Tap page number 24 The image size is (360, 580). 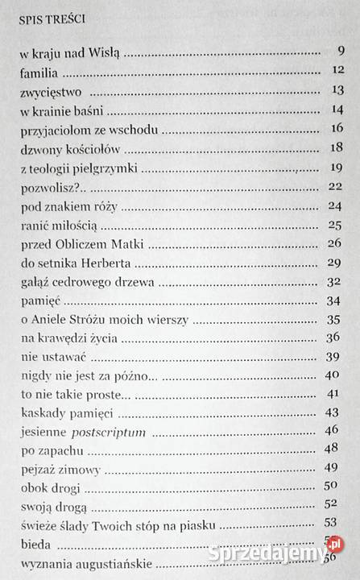(337, 205)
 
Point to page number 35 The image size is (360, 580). (337, 321)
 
